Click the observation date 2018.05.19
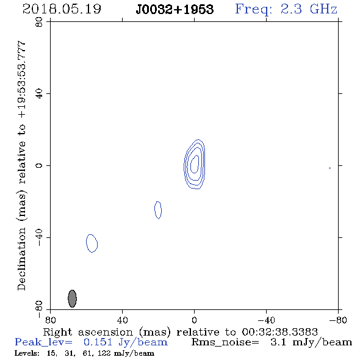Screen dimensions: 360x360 tap(62, 9)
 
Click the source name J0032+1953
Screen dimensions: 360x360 tap(175, 9)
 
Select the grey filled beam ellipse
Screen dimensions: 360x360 tap(73, 298)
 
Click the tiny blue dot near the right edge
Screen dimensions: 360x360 tap(329, 168)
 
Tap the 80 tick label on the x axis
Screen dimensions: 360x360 tap(50, 320)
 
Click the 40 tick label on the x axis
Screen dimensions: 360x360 tap(122, 320)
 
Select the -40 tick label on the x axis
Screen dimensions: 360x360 tap(266, 320)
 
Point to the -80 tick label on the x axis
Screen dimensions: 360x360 tap(338, 320)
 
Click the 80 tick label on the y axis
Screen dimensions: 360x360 tap(39, 22)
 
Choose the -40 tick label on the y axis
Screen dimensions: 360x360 tap(39, 237)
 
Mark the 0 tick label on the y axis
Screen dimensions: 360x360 tap(39, 165)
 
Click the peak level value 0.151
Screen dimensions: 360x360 tap(98, 342)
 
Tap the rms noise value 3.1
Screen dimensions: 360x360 tap(278, 342)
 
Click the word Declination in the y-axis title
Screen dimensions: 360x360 tap(21, 259)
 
